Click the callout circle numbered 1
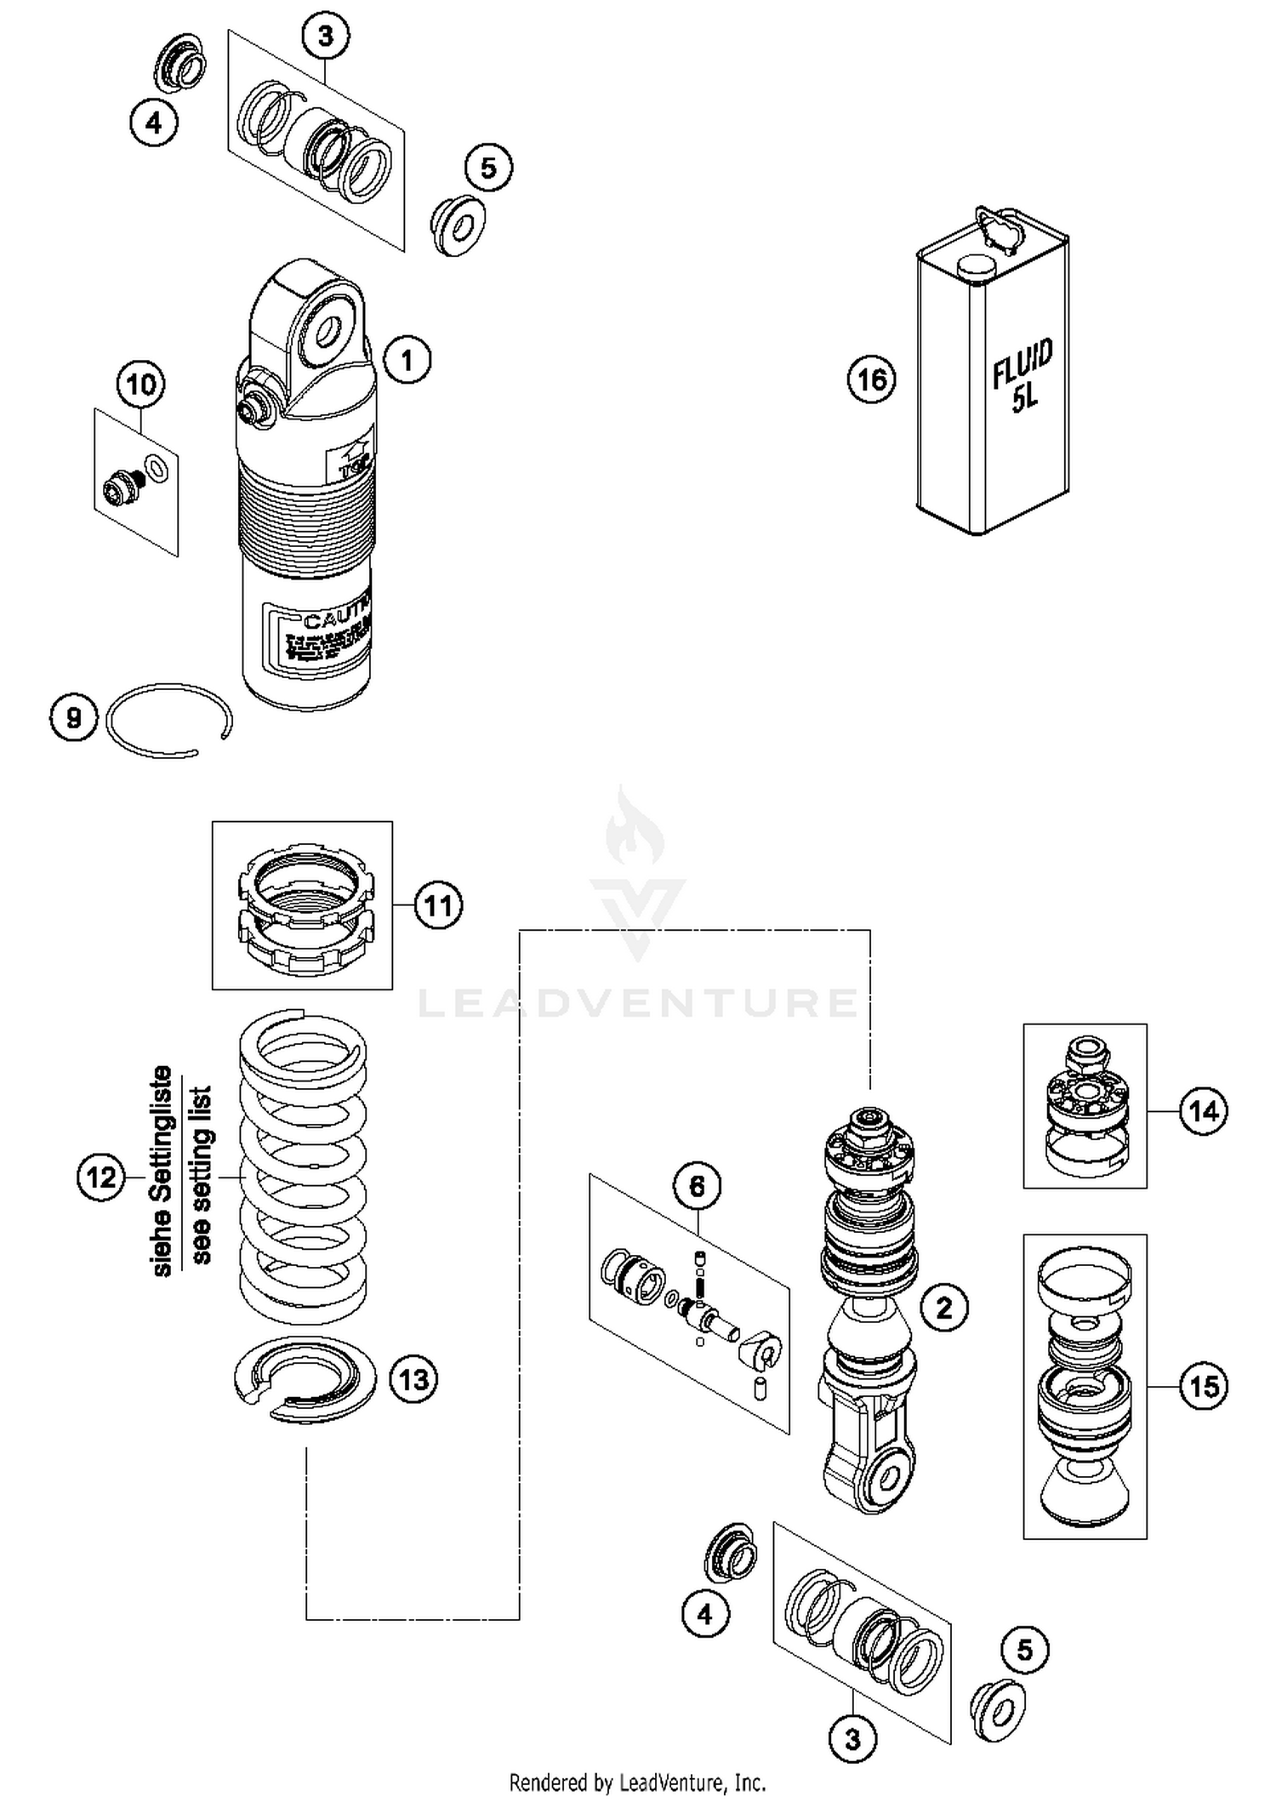pos(407,360)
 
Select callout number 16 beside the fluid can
pos(872,379)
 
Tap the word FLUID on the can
pos(1022,363)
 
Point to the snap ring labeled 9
pos(168,719)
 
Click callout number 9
pos(73,717)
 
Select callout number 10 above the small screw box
pos(140,385)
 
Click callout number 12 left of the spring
pos(101,1178)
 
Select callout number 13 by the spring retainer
pos(414,1379)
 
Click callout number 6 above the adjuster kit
pos(697,1185)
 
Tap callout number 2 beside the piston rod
pos(944,1307)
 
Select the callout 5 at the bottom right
pos(1024,1651)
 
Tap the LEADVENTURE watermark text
pos(638,1002)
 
